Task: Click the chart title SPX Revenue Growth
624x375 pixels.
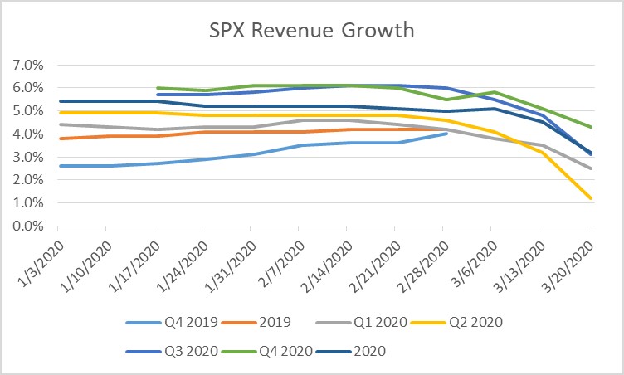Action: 311,32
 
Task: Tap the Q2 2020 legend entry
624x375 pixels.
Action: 471,322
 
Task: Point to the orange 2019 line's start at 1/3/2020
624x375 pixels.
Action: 58,139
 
